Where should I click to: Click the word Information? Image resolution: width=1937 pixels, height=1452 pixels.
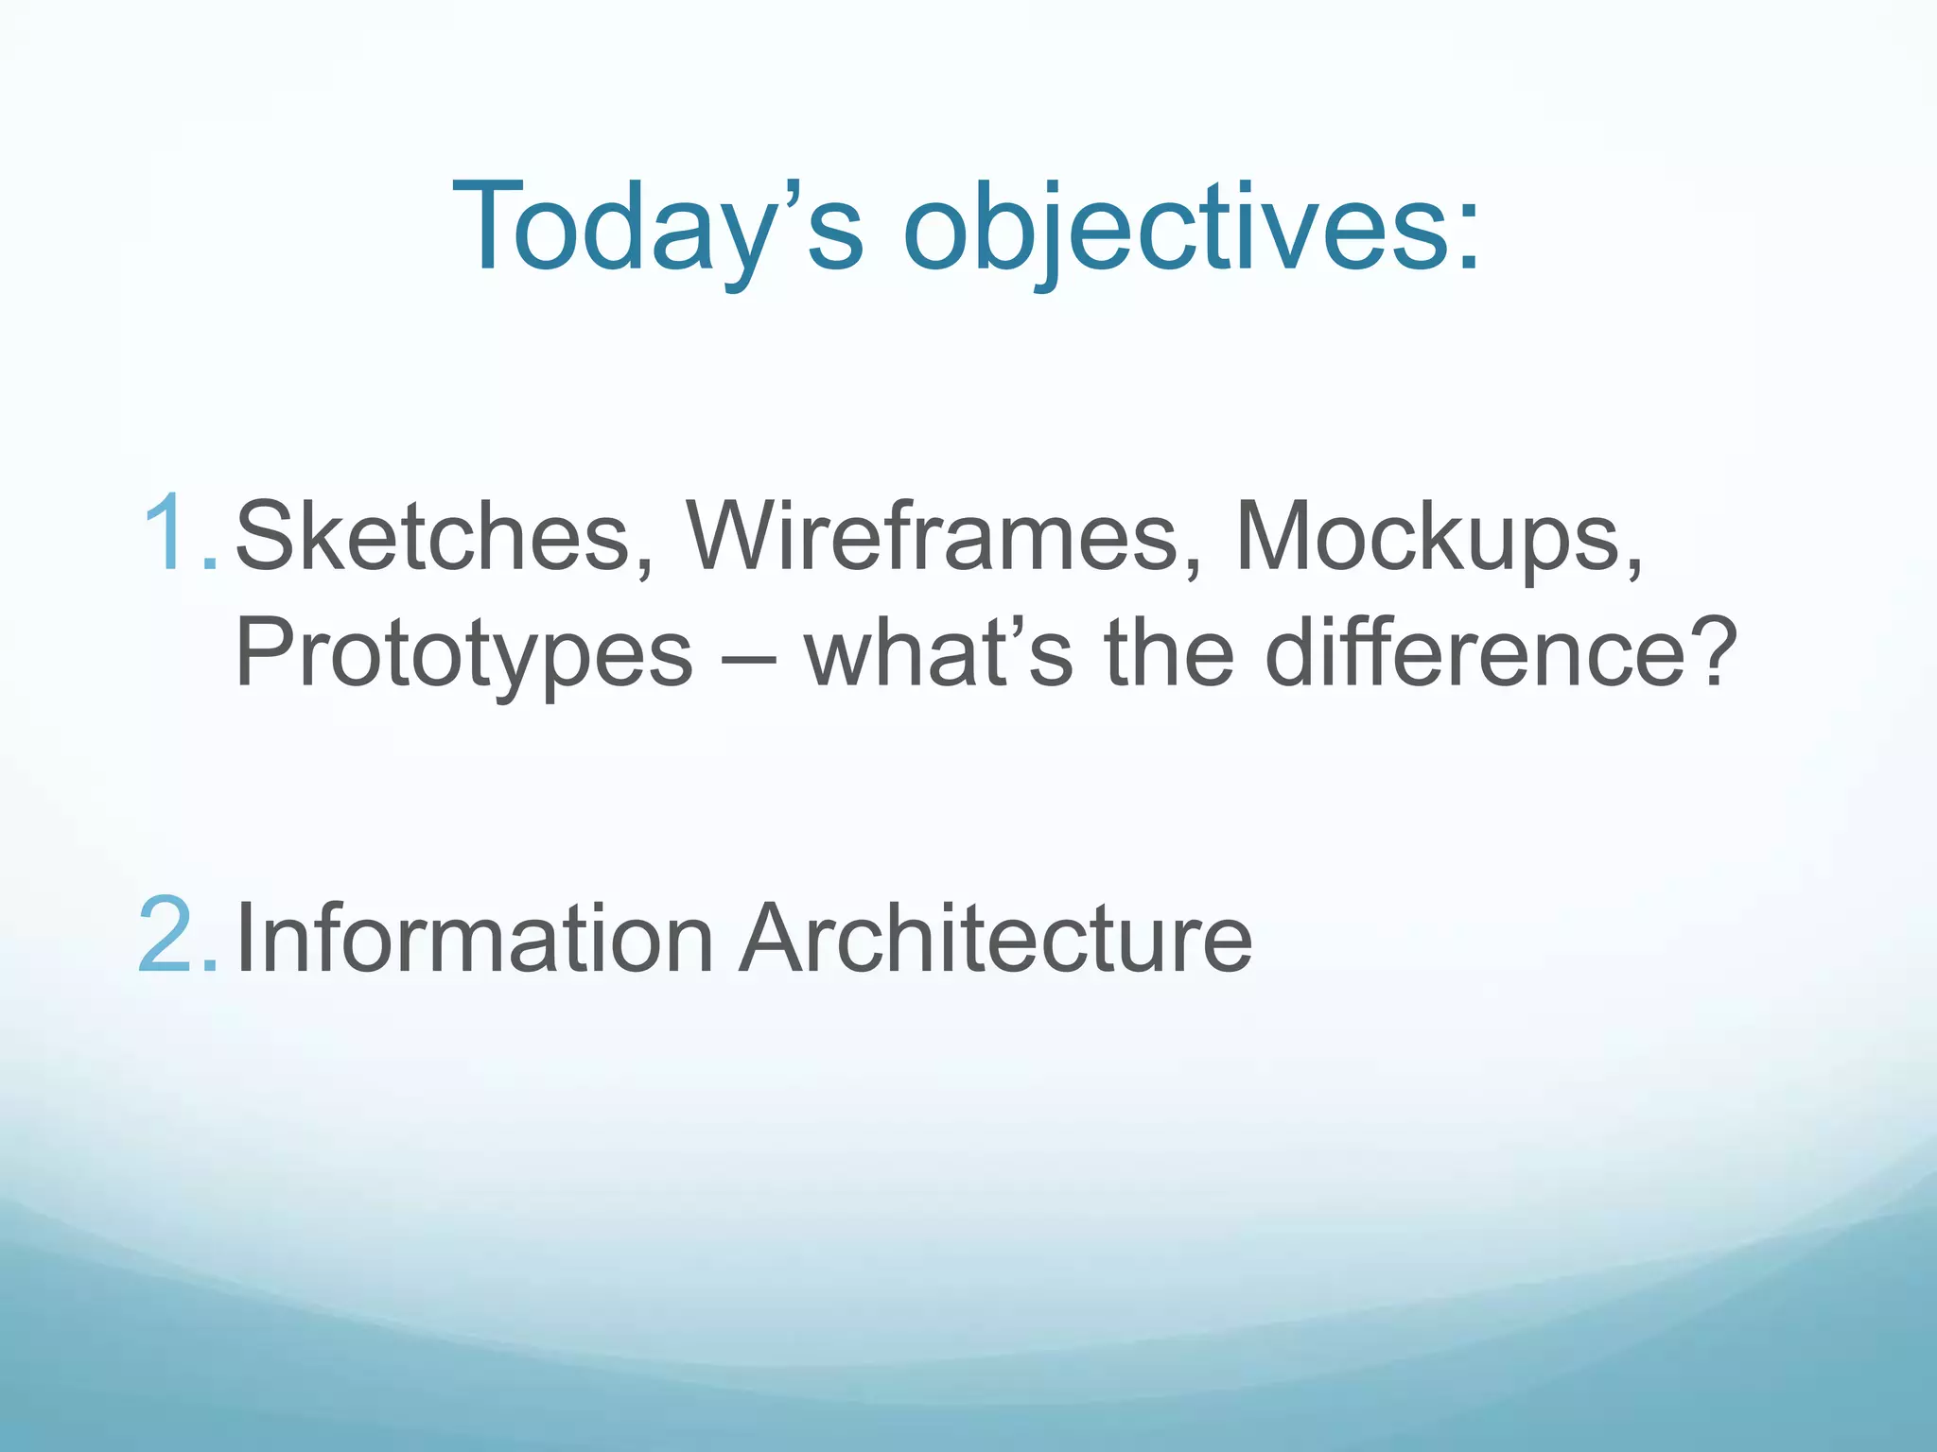pos(473,938)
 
